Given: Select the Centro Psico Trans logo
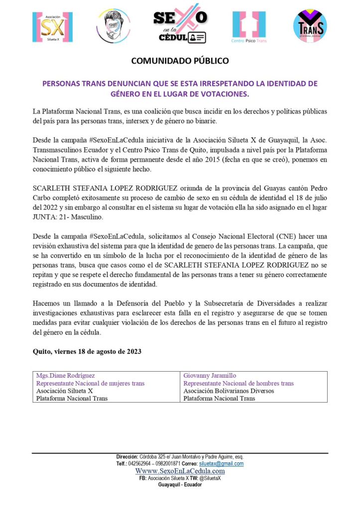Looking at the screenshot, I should (249, 26).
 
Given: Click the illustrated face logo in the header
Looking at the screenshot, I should (114, 26).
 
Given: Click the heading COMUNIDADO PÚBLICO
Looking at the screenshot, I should (180, 61).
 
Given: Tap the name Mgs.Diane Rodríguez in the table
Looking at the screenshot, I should (66, 376).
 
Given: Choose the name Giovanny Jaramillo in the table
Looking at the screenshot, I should (210, 376).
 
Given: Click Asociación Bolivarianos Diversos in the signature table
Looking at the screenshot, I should (229, 391).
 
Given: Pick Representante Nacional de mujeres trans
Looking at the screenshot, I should (90, 383).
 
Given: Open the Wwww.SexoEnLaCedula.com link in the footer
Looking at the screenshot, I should (180, 471).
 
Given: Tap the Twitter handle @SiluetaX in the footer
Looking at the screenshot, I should (212, 478).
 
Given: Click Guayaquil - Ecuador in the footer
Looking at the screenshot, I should (180, 484).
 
